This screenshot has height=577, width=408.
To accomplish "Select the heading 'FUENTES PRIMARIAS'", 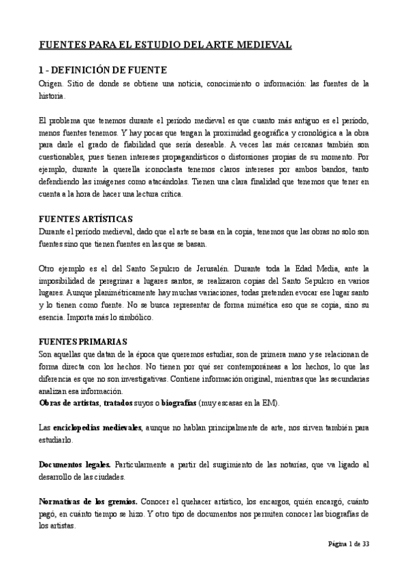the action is [x=82, y=342].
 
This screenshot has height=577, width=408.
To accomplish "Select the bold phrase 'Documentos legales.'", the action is [x=75, y=465].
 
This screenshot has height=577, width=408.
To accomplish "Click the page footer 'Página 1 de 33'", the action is [x=346, y=544].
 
